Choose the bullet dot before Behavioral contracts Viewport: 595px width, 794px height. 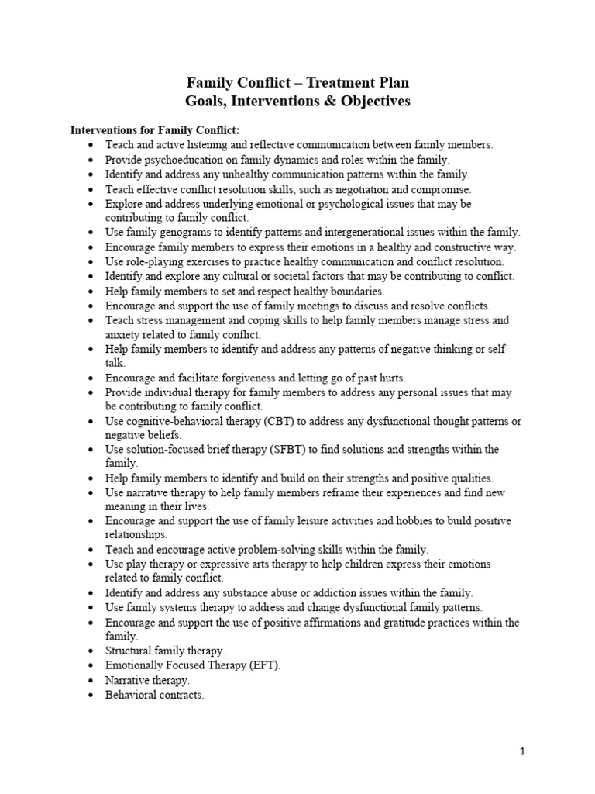coord(92,696)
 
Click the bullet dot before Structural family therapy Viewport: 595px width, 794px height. coord(92,651)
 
